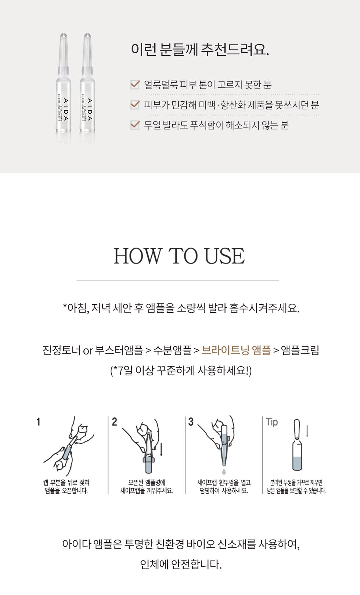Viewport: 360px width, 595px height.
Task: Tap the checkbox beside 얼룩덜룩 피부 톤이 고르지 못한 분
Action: point(135,84)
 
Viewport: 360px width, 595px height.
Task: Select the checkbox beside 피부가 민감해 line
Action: point(135,105)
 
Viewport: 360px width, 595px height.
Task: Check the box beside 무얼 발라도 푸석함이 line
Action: point(135,125)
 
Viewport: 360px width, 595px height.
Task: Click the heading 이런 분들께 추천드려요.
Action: point(200,50)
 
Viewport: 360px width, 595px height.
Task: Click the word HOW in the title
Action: point(138,256)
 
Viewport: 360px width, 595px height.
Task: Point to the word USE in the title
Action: point(224,256)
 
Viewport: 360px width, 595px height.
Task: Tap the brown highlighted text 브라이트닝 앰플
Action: point(236,350)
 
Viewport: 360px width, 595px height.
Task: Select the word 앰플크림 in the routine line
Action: point(300,350)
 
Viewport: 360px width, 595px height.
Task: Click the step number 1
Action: point(38,422)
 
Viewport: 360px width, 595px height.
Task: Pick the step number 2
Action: point(115,422)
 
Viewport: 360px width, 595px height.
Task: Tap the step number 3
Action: point(191,422)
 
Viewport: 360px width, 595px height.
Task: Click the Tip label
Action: point(272,422)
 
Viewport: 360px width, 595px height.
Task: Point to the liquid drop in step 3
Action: point(224,472)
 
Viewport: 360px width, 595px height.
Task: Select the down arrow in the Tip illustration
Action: point(307,431)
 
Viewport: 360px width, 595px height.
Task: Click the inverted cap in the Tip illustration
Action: point(297,429)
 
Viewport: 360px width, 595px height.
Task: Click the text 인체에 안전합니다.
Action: point(181,565)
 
